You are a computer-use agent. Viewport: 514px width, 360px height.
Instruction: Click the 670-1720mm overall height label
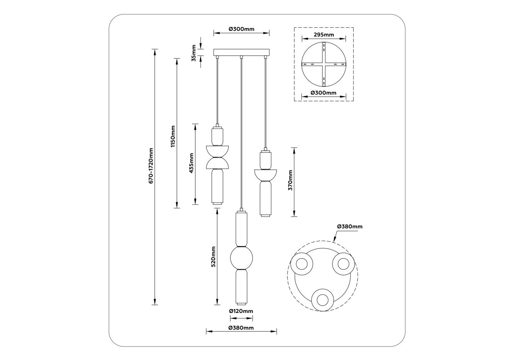pos(151,166)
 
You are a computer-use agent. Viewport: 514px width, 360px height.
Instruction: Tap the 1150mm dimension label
pos(173,136)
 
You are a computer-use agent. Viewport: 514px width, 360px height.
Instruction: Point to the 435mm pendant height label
pos(192,163)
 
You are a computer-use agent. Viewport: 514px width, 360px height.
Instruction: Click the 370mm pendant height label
pos(290,180)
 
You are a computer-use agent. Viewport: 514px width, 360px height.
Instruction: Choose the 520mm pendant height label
pos(213,257)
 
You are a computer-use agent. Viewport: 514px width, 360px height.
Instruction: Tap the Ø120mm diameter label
pos(241,311)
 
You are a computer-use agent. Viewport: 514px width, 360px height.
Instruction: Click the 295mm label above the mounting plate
pos(324,35)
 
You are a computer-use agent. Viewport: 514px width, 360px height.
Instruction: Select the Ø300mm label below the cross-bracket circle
pos(324,93)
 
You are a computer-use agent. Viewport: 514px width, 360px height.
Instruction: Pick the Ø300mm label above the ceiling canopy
pos(242,29)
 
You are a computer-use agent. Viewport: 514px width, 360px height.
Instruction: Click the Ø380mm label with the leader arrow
pos(350,226)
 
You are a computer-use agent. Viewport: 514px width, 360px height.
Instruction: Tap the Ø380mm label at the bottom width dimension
pos(241,328)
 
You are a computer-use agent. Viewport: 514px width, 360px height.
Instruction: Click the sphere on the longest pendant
pos(241,258)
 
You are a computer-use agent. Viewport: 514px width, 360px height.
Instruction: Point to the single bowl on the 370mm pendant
pos(266,175)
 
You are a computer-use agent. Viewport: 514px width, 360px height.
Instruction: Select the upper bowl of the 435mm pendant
pos(217,151)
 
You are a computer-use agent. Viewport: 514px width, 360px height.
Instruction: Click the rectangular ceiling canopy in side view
pos(241,52)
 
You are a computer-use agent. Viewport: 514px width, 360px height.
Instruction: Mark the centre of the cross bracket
pos(324,64)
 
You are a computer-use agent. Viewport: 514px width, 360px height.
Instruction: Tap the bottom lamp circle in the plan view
pos(322,300)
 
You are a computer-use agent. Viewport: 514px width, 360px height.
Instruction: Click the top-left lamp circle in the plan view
pos(302,264)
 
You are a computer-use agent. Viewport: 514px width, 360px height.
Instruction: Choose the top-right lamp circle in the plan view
pos(343,264)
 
